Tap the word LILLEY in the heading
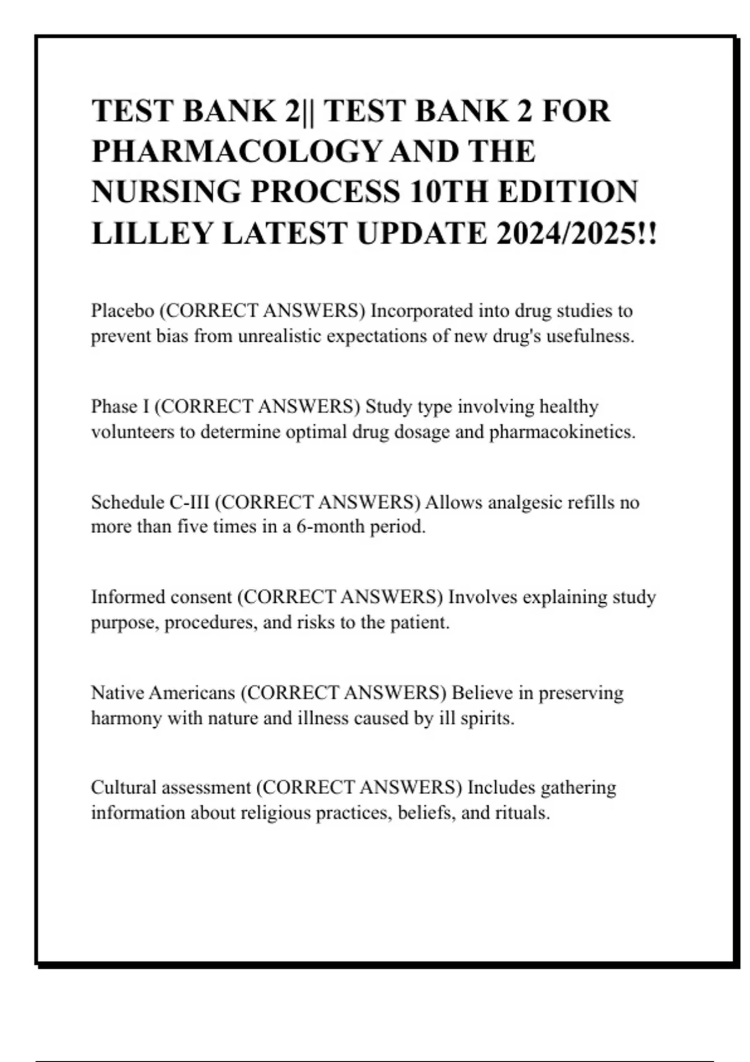(152, 234)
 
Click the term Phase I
(120, 407)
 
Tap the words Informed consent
(161, 597)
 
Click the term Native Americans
(163, 693)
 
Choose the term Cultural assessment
(171, 788)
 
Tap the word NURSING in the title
(166, 192)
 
